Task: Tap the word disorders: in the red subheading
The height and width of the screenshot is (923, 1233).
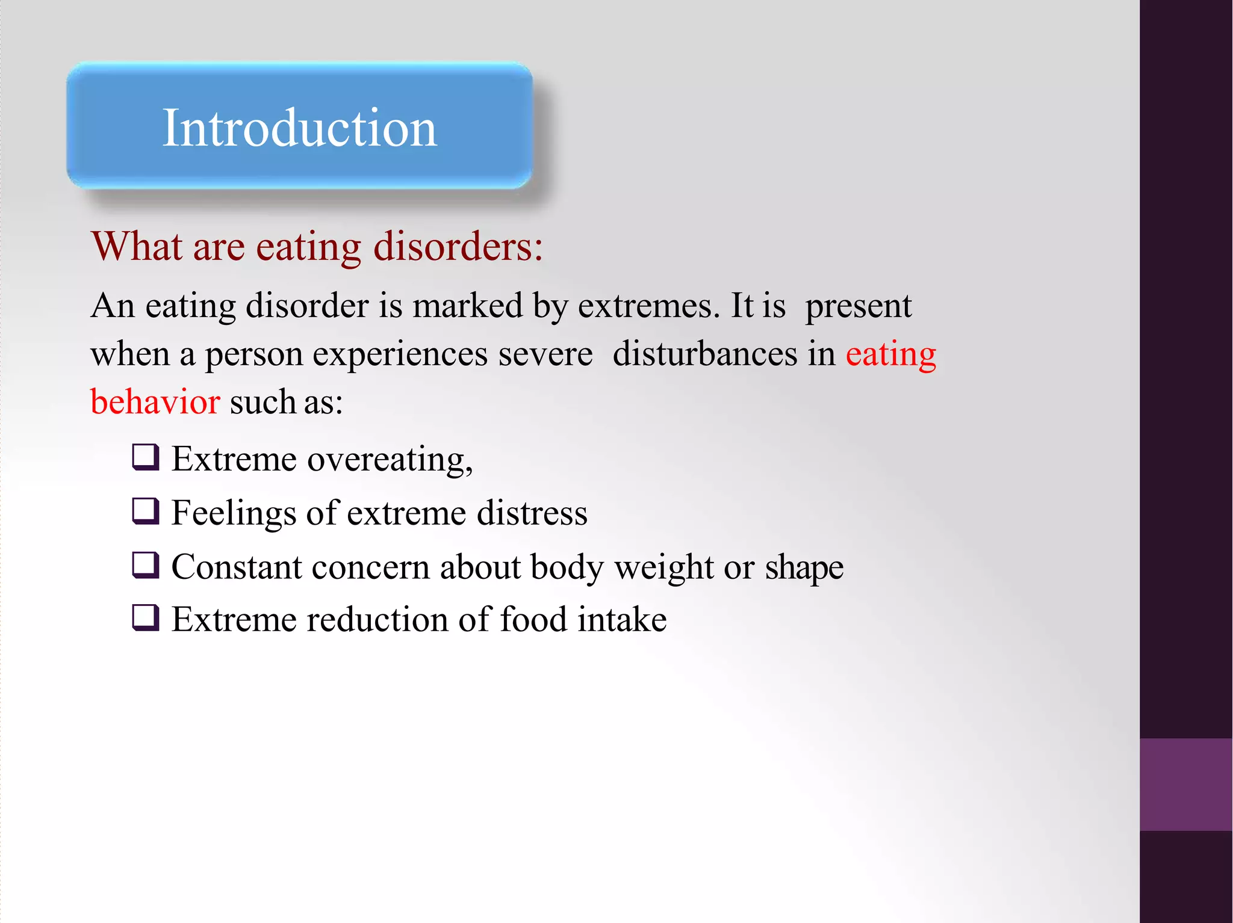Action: point(458,246)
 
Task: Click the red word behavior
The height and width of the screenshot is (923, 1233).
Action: point(155,402)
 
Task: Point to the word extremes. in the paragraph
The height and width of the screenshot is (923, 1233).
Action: point(648,306)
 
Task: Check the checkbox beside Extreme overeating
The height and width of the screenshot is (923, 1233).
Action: point(146,457)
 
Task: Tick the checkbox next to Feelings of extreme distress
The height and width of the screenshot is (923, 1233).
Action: point(146,511)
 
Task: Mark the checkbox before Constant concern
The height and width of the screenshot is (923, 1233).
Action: point(146,566)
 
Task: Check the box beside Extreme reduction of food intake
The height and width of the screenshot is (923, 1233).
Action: point(146,618)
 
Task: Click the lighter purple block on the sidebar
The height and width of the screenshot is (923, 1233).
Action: point(1185,784)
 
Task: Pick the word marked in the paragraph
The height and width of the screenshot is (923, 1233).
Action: point(467,306)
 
